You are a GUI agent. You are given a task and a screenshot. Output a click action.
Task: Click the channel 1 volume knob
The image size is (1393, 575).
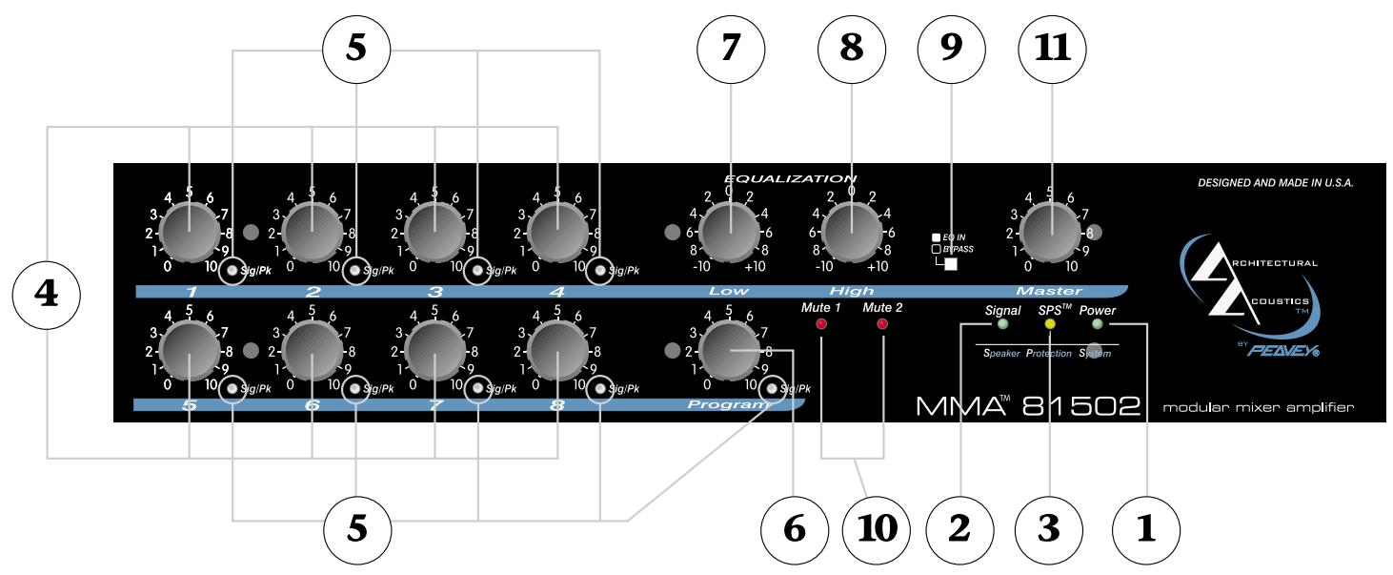(189, 232)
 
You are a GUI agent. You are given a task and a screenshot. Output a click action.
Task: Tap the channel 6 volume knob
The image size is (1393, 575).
(312, 351)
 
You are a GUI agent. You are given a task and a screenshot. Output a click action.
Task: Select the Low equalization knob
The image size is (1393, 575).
(730, 232)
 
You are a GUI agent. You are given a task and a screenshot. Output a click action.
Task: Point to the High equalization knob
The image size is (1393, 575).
(852, 232)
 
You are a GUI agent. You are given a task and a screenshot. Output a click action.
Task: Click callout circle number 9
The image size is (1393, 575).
(951, 50)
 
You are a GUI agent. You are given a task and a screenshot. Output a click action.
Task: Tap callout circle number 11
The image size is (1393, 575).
(1051, 50)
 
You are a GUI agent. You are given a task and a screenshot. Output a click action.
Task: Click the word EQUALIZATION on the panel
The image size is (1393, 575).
(790, 177)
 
